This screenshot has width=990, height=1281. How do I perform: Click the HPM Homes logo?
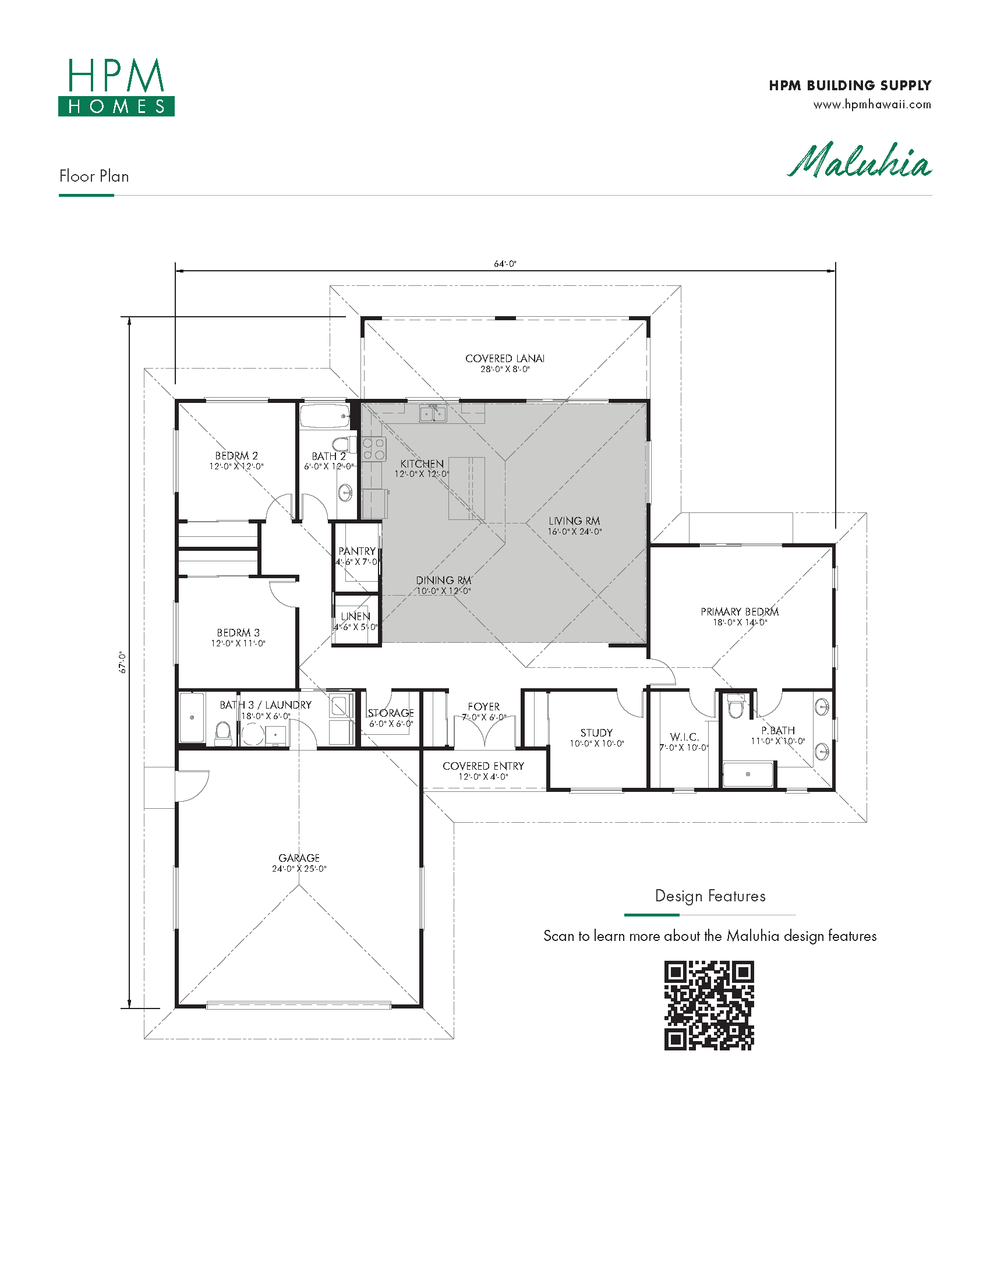point(116,87)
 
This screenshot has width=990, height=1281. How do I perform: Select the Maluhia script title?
point(859,161)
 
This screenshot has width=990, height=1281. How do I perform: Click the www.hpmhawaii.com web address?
point(872,105)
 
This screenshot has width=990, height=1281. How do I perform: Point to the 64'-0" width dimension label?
point(505,264)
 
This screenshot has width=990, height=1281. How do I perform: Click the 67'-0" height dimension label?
point(123,662)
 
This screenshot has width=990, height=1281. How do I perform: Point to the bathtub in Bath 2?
point(325,416)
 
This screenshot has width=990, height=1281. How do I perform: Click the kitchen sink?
point(433,413)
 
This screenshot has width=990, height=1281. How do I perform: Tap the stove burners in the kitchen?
point(374,450)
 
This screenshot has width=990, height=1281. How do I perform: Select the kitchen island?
point(467,488)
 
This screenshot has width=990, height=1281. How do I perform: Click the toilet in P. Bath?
point(736,706)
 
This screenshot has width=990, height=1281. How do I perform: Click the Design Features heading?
point(710,896)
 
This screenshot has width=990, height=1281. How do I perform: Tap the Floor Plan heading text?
point(94,176)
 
